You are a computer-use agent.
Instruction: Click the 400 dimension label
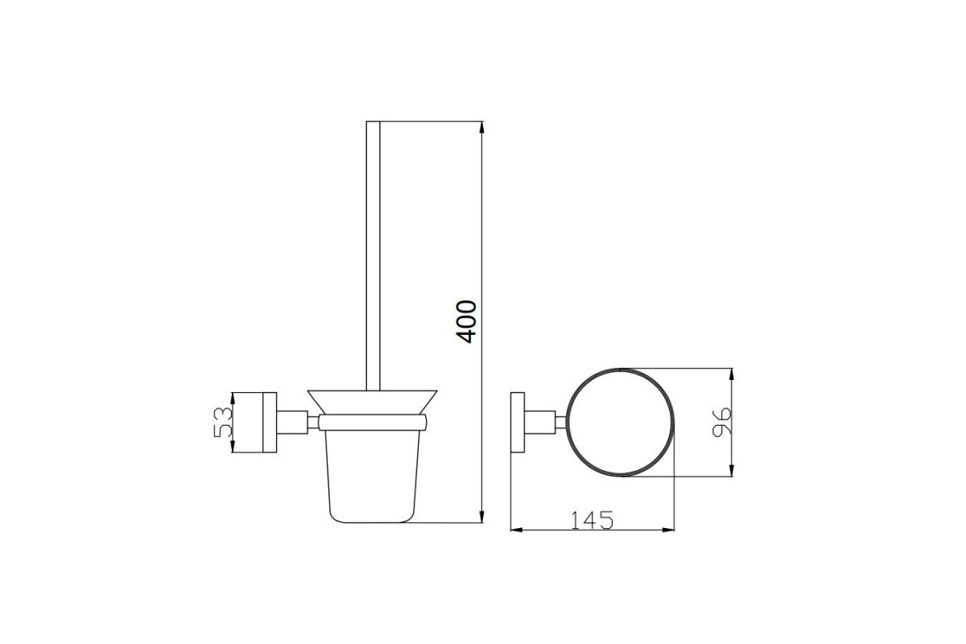coord(468,322)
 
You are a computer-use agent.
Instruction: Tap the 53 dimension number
coord(224,423)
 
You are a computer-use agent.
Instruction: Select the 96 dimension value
coord(722,423)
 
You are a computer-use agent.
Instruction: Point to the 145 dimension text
coord(592,521)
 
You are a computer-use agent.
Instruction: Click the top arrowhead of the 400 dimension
coord(481,127)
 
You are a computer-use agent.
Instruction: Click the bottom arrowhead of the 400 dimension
coord(481,516)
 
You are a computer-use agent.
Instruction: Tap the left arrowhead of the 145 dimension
coord(517,530)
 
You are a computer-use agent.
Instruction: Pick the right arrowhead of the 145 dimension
coord(668,530)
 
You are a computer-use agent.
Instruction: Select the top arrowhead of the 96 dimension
coord(732,374)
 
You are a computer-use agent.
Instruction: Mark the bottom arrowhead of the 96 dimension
coord(732,470)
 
